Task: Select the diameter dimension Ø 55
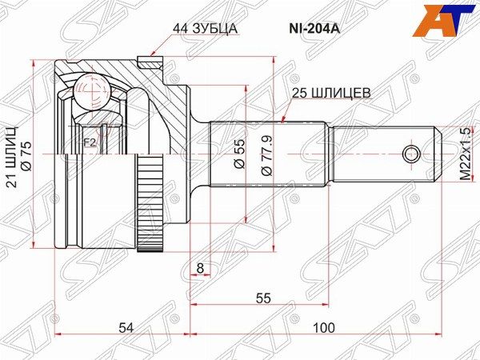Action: point(238,152)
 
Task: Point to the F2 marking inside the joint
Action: point(90,144)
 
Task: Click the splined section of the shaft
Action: point(268,153)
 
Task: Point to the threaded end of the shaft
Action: point(384,153)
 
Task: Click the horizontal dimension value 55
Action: point(263,298)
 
